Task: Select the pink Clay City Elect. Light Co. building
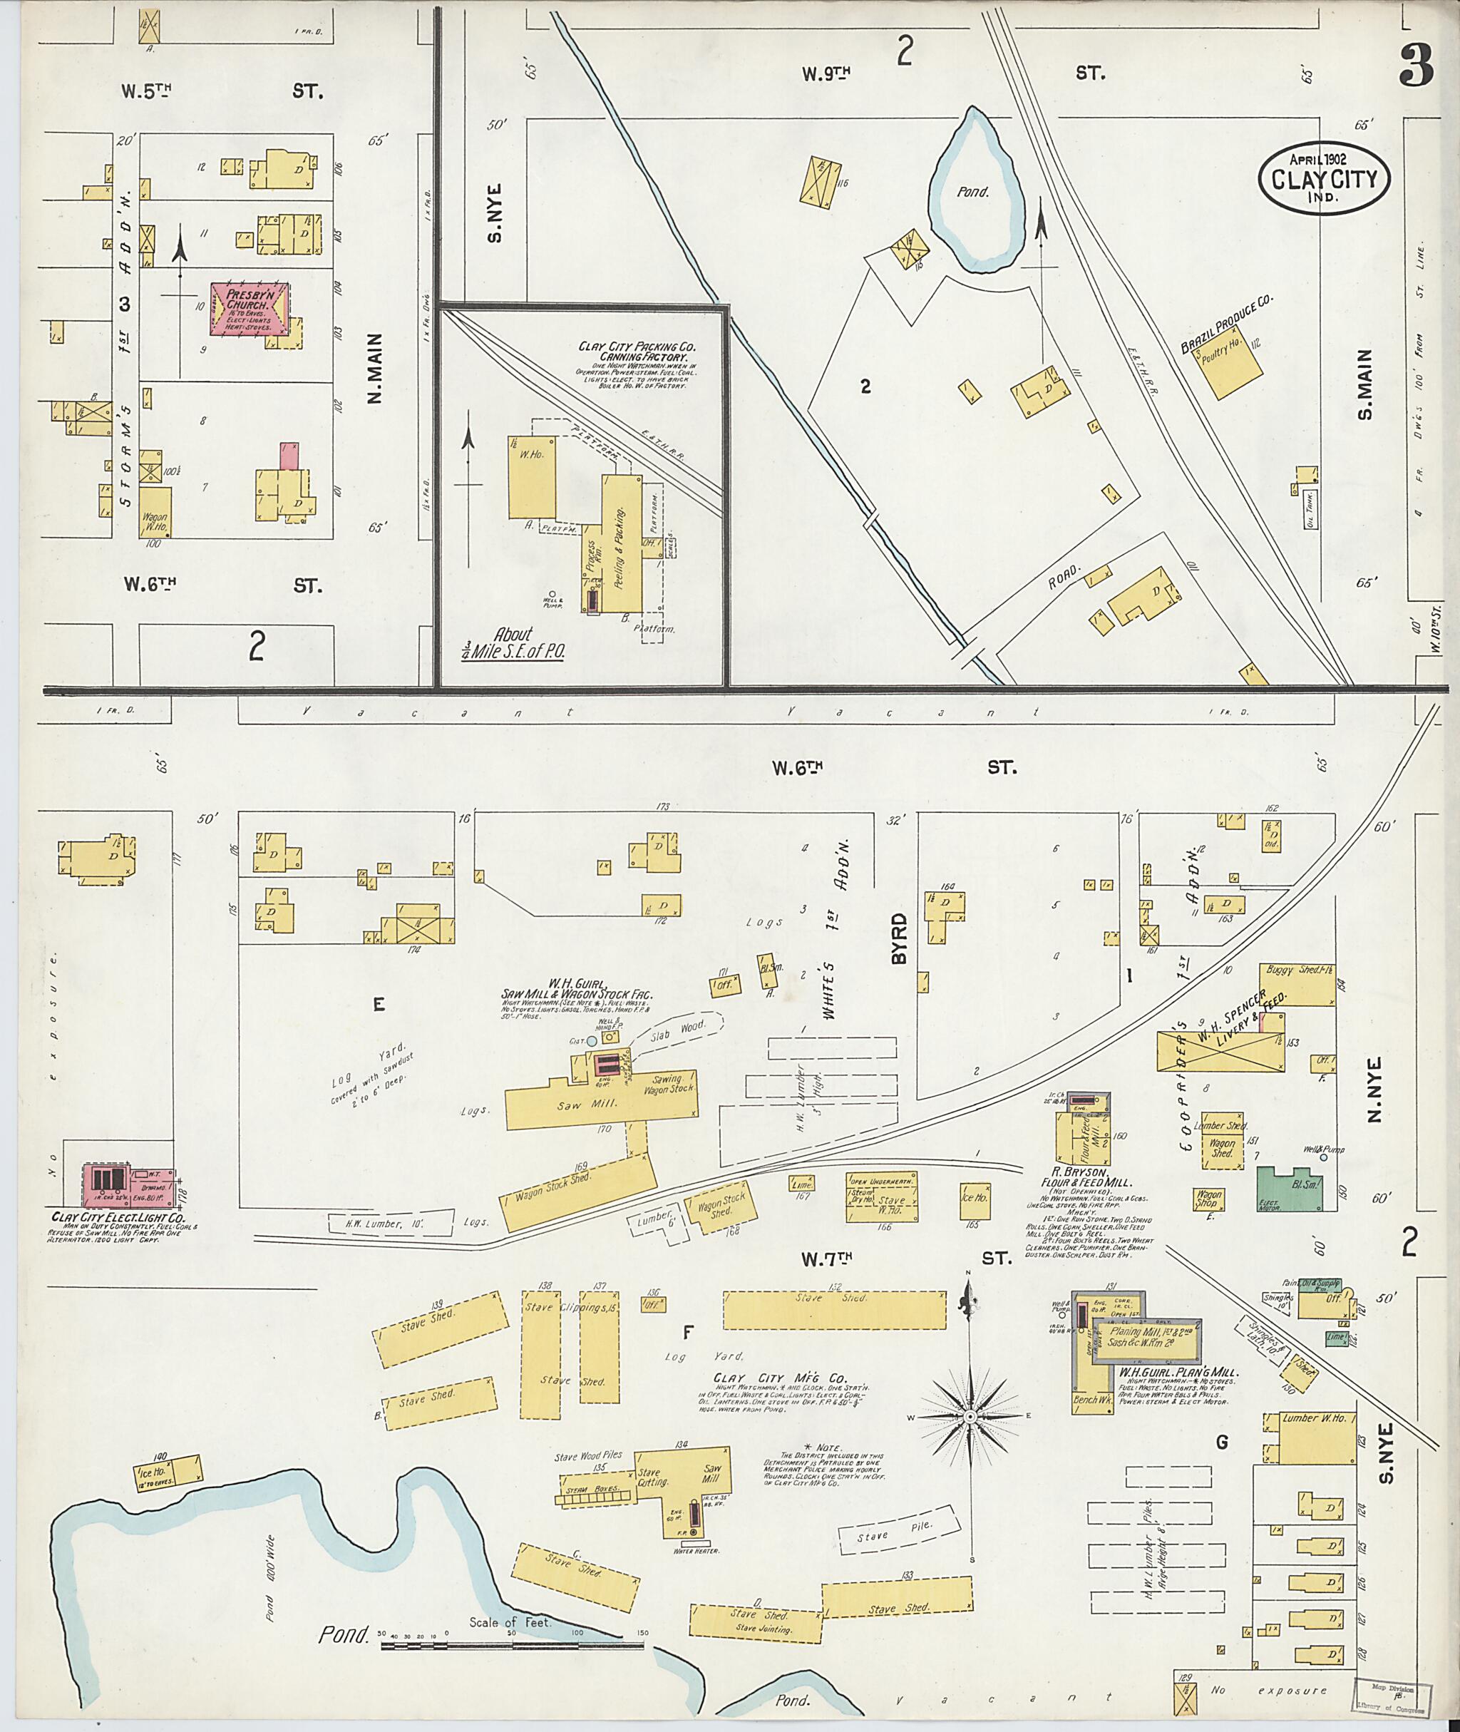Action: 128,1185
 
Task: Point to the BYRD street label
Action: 900,939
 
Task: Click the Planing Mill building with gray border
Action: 1147,1341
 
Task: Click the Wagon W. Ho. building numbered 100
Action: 155,513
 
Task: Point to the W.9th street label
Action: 826,74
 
